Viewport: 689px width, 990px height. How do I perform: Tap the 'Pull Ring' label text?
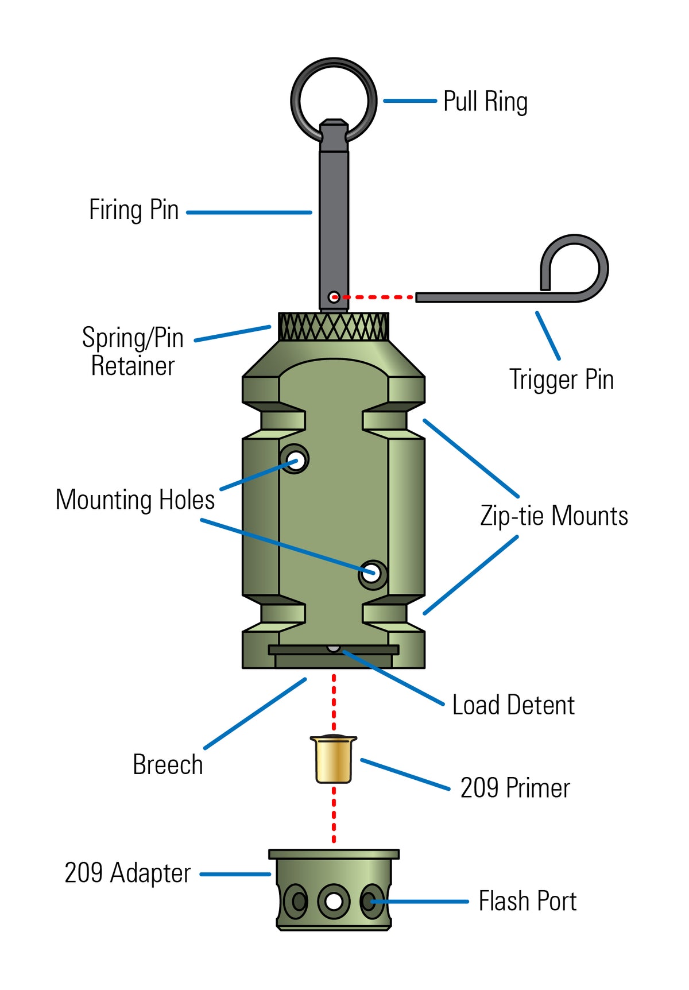485,102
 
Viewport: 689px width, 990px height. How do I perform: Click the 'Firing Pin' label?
134,210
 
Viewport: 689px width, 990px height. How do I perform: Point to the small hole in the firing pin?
333,297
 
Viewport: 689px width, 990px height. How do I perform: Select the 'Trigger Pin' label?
561,380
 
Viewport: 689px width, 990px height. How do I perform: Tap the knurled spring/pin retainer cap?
333,327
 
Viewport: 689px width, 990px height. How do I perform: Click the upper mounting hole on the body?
295,460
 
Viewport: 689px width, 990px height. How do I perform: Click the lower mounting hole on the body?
372,573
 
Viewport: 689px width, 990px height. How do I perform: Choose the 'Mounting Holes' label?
135,500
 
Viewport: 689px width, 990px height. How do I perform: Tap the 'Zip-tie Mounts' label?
553,516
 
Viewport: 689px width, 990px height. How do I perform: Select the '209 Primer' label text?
514,788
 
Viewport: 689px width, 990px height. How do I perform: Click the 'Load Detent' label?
513,705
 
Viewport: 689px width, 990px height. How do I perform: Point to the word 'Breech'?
168,765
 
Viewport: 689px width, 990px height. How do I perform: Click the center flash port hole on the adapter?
334,900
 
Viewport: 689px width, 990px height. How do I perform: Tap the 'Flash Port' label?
527,901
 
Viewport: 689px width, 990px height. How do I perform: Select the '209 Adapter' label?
127,873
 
